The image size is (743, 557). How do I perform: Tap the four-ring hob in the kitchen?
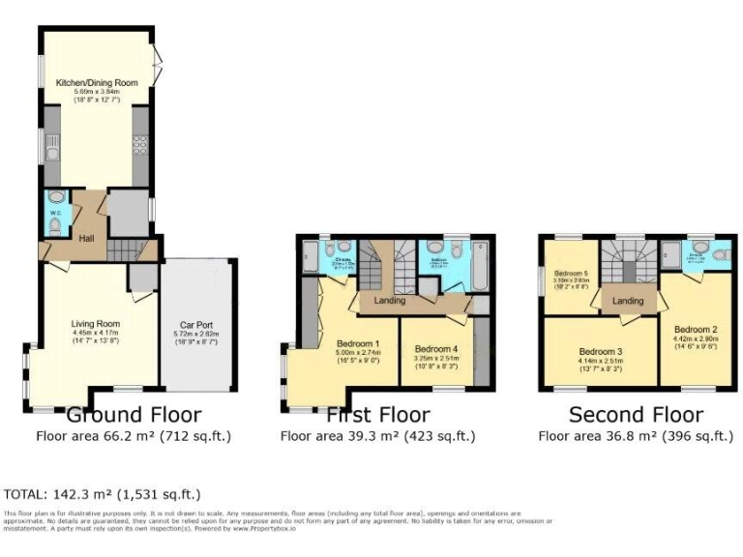point(138,144)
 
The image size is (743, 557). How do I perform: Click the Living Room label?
point(95,324)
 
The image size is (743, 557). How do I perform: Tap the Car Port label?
point(196,325)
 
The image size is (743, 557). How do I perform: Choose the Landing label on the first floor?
point(390,301)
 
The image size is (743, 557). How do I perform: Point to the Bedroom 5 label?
point(571,274)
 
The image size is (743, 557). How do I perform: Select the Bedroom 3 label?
point(601,351)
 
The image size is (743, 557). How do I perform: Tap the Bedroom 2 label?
point(695,329)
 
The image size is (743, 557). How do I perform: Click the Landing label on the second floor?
point(629,301)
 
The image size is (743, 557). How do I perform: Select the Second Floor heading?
point(635,415)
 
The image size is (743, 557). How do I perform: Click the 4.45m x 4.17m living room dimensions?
point(95,334)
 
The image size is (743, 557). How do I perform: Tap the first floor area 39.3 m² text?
point(377,436)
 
